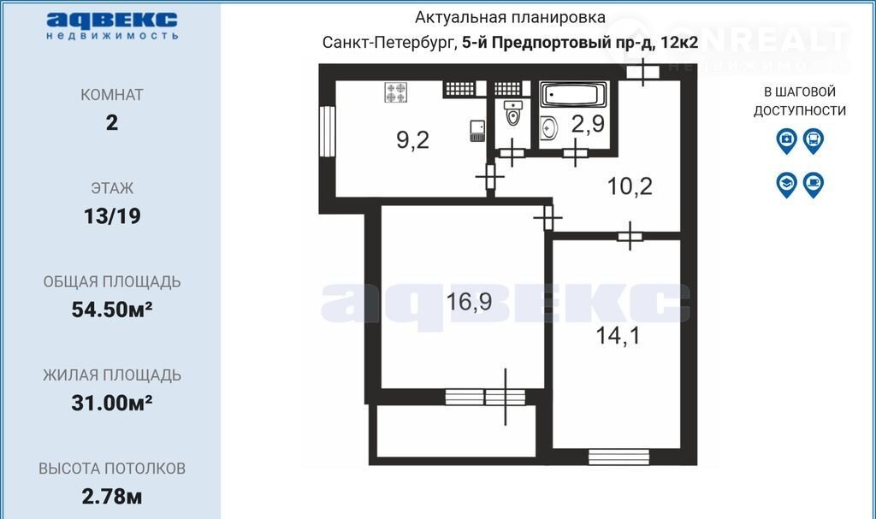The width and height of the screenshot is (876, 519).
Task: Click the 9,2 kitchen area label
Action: [x=413, y=139]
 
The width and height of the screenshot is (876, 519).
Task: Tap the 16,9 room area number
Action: [x=469, y=302]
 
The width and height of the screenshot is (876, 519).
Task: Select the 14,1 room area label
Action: [x=618, y=336]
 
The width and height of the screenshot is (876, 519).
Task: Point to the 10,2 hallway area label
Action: [x=630, y=186]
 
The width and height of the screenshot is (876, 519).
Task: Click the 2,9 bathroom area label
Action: [x=589, y=123]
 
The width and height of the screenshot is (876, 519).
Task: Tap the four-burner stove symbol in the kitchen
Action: [x=396, y=92]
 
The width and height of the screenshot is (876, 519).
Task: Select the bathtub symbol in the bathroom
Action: [x=574, y=94]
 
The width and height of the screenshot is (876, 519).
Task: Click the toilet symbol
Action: [x=513, y=114]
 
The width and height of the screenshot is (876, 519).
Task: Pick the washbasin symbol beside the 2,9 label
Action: [x=549, y=128]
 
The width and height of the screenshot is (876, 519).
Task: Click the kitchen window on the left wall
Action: [x=327, y=132]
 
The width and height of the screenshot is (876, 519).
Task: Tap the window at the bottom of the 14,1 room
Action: [x=619, y=457]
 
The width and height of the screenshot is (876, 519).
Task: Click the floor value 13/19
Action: [x=112, y=216]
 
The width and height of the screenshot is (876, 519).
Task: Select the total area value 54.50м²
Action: [x=112, y=309]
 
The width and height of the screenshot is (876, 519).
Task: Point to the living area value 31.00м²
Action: [x=112, y=402]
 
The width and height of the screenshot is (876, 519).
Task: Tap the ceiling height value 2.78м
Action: [x=112, y=496]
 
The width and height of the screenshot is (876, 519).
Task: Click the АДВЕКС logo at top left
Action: [x=112, y=26]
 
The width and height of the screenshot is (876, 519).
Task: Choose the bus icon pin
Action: [x=814, y=141]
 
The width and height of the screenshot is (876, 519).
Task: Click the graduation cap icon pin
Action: [x=787, y=185]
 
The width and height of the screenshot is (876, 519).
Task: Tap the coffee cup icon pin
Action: [x=814, y=185]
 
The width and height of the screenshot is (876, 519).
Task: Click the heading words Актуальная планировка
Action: [x=510, y=18]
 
